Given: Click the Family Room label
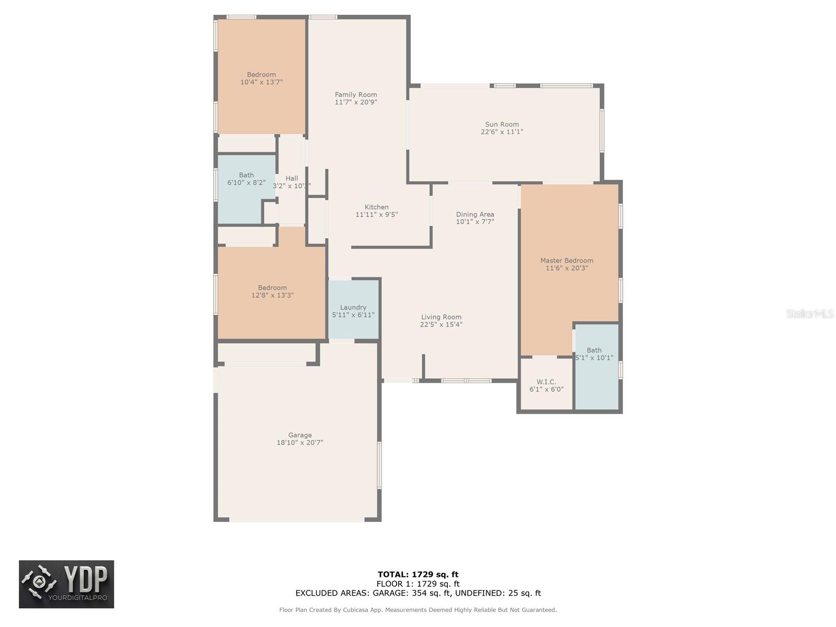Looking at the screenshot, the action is (356, 95).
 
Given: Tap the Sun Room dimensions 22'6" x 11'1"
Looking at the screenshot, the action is (502, 132).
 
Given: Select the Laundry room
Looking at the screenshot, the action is (353, 309).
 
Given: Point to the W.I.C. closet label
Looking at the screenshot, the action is (546, 381).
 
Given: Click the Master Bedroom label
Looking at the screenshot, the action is (567, 260).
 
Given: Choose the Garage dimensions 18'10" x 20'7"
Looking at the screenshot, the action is (300, 443).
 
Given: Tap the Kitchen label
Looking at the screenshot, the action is (376, 207).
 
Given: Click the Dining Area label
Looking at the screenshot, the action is (475, 214).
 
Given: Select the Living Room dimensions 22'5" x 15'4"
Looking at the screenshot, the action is (441, 324).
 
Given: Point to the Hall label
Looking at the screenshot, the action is (292, 178).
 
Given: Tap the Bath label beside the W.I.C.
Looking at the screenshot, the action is (594, 350).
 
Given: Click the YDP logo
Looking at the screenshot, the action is (66, 584).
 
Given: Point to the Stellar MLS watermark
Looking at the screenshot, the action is (810, 313).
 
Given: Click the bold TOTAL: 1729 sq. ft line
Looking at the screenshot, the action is (418, 574).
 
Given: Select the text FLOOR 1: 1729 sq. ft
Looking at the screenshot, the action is (418, 584).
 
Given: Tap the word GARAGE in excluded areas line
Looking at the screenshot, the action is (388, 593).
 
